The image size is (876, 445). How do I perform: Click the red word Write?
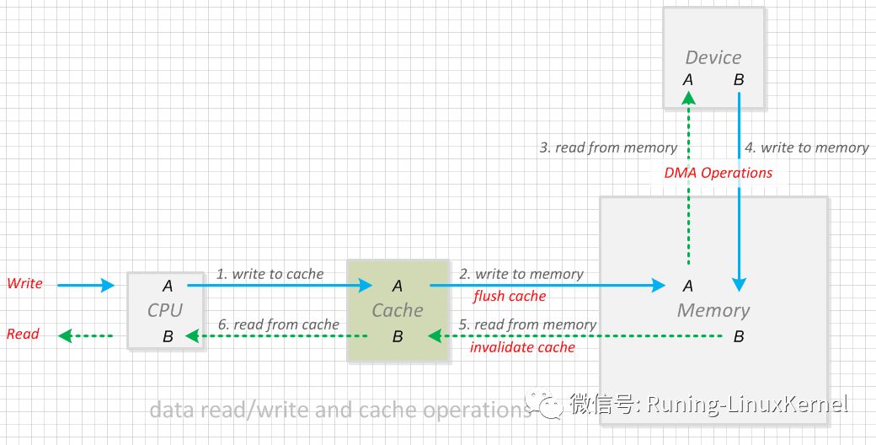[x=24, y=283]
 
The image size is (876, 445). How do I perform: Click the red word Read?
[x=23, y=334]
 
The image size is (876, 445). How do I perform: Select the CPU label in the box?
[x=165, y=310]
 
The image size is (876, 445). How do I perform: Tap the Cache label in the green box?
[x=398, y=310]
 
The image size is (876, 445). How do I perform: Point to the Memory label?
[x=713, y=310]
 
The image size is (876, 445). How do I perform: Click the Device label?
[x=713, y=57]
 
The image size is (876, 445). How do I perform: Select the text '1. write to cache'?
[x=270, y=274]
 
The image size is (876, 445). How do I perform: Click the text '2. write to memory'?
[x=521, y=274]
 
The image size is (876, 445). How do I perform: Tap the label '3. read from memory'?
[x=608, y=147]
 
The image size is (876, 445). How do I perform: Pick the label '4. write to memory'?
[x=807, y=147]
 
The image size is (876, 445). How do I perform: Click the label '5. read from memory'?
[x=527, y=324]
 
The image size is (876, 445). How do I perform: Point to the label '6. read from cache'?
[x=278, y=324]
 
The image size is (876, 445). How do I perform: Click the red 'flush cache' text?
[x=510, y=296]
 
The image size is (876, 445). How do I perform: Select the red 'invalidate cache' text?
[x=522, y=347]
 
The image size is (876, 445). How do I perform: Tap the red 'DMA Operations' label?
[x=718, y=173]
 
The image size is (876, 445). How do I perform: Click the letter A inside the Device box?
[x=687, y=81]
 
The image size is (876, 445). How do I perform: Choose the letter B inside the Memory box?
[x=739, y=336]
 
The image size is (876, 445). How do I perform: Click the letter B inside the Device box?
[x=739, y=81]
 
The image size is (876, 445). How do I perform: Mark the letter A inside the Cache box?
[x=398, y=287]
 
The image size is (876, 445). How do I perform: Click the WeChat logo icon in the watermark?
[x=543, y=404]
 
